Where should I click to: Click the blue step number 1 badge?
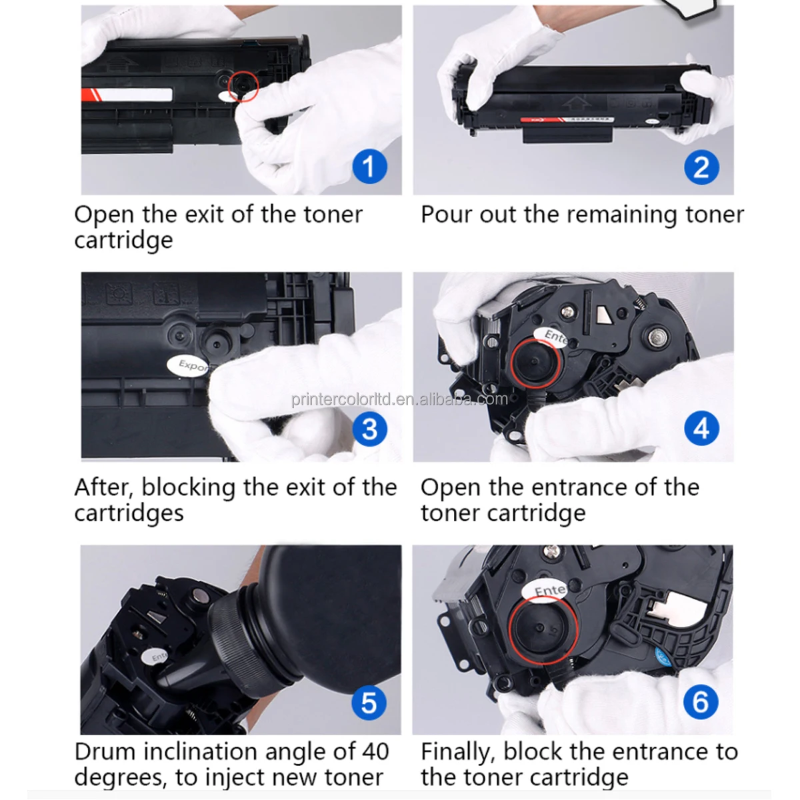369,167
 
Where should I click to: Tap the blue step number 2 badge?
701,167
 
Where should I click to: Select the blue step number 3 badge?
369,429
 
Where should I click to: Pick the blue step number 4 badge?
701,429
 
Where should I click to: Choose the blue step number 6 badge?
701,702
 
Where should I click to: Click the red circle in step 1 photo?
243,86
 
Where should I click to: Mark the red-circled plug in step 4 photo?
535,362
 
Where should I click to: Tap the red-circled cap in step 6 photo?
542,630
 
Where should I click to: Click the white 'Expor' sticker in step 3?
191,365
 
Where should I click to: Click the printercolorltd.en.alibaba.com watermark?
399,399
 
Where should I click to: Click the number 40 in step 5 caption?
375,751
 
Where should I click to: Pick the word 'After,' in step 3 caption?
104,487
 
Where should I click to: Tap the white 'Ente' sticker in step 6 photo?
551,590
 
